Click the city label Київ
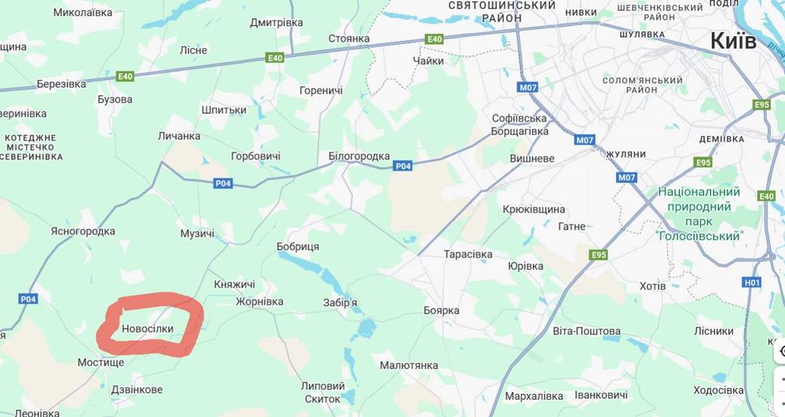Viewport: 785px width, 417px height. [733, 42]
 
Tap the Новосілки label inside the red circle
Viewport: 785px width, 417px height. [153, 331]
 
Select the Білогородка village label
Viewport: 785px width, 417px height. [359, 156]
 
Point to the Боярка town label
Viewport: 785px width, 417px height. [441, 310]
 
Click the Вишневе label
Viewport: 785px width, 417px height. [532, 158]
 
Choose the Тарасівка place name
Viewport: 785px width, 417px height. [468, 254]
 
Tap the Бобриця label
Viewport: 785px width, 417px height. [298, 247]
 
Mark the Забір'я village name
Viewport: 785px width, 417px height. [340, 302]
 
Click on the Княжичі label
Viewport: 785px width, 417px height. [235, 283]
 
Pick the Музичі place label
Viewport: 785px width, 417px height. [197, 234]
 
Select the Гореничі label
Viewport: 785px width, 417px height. [321, 90]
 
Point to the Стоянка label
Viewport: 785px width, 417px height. [349, 38]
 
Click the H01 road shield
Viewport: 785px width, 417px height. [752, 282]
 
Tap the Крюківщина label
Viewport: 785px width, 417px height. [534, 210]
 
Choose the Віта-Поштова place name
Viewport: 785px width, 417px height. [586, 331]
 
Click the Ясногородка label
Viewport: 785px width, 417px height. [82, 231]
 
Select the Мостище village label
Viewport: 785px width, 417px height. [100, 363]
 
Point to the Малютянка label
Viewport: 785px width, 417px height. [408, 365]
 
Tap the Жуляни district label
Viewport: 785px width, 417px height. [626, 154]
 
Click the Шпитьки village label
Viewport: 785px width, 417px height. [224, 110]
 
